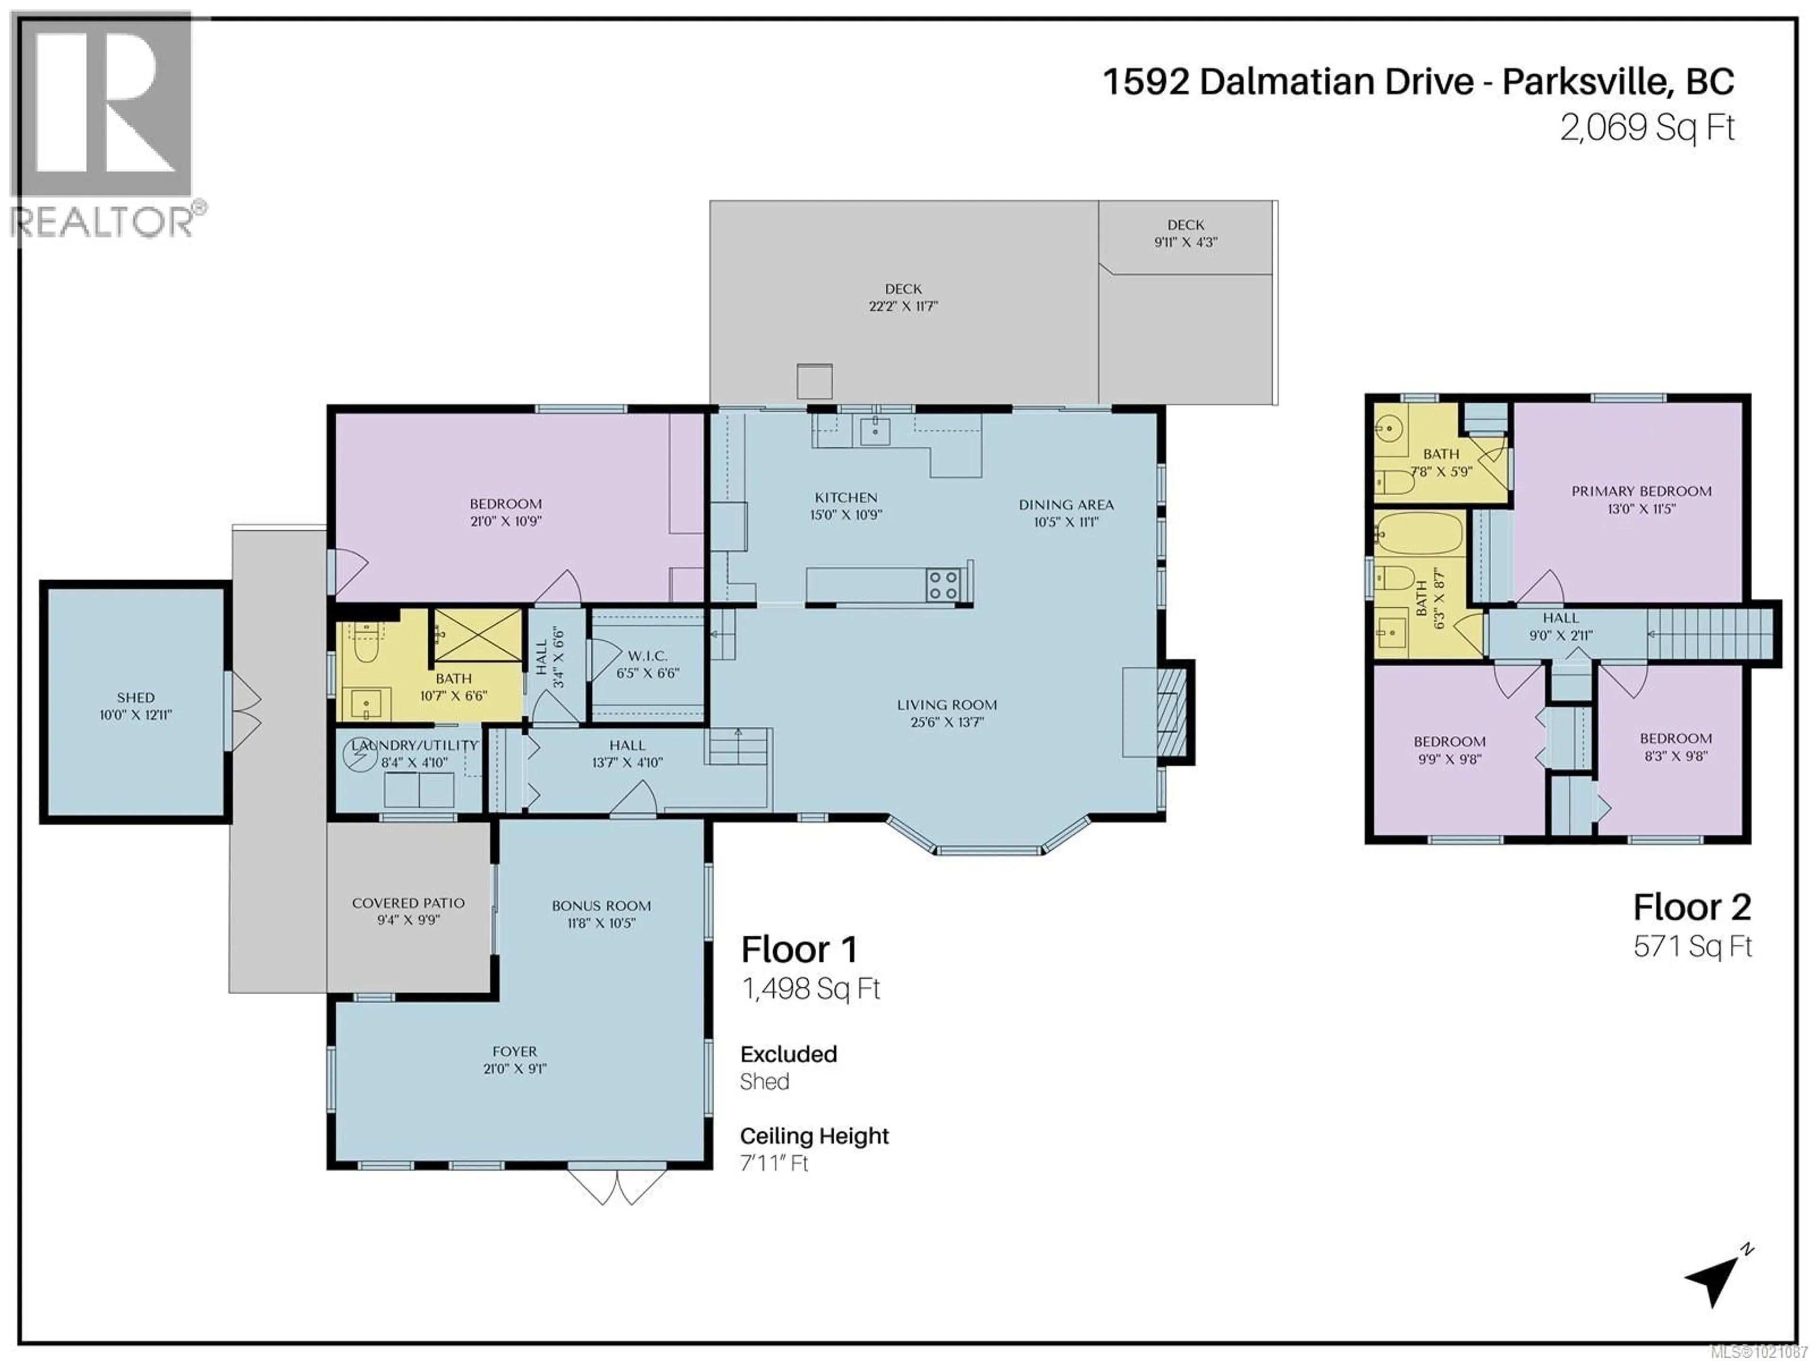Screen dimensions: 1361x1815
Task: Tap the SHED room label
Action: [x=135, y=698]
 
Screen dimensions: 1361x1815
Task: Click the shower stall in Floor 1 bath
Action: [x=477, y=635]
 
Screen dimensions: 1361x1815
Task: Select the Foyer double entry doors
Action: [x=616, y=1185]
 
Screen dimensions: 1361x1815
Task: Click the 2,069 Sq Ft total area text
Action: [x=1647, y=128]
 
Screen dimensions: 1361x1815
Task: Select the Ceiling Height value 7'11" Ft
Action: [x=774, y=1163]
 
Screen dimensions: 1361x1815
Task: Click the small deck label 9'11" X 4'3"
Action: [x=1185, y=242]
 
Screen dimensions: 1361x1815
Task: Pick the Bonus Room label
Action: [x=601, y=906]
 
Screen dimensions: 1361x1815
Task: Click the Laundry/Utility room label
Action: [x=415, y=745]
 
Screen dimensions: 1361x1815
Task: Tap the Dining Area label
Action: [x=1066, y=505]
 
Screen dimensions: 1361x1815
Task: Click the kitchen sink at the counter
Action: [x=875, y=428]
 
